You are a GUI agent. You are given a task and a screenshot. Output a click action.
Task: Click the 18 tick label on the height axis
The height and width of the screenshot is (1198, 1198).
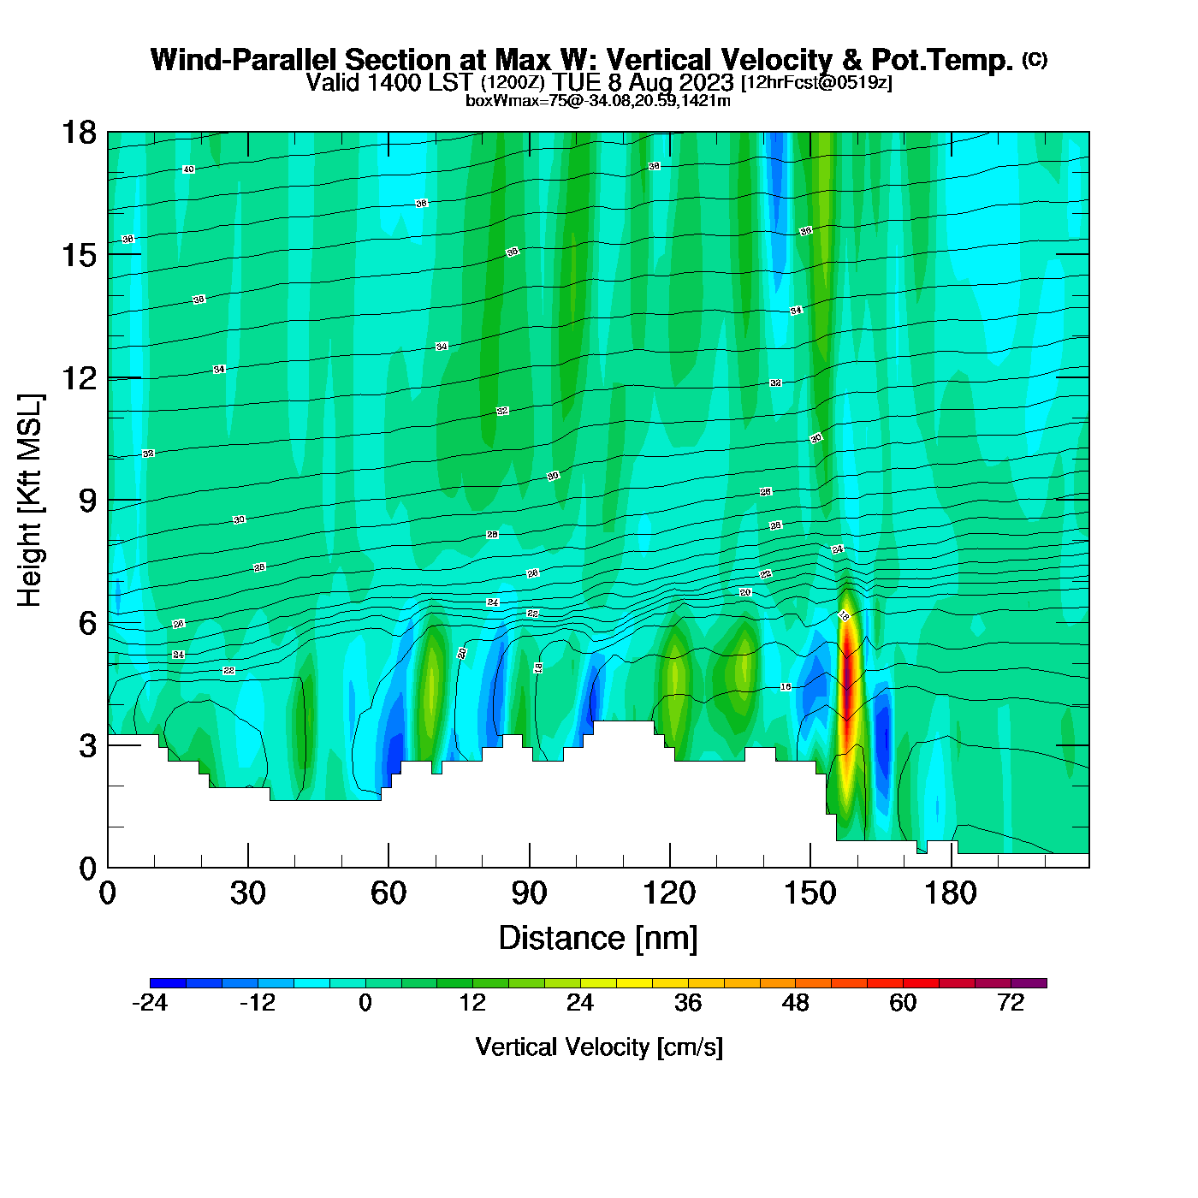tap(78, 133)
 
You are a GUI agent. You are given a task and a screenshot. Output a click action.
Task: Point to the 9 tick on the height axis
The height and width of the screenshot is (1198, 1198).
tap(88, 501)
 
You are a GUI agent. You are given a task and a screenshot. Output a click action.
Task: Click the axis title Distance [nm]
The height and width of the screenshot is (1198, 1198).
tap(598, 939)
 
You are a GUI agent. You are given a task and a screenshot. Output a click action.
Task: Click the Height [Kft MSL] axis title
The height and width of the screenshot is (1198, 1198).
tap(30, 501)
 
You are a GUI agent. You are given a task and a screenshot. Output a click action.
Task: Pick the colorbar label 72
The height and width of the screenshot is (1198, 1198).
tap(1011, 1003)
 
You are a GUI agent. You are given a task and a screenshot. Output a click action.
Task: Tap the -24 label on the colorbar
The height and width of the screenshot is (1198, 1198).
tap(150, 1003)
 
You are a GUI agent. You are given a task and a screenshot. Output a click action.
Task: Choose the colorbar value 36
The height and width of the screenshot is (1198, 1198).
tap(688, 1003)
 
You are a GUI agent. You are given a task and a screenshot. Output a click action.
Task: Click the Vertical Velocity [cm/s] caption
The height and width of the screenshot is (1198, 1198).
tap(599, 1047)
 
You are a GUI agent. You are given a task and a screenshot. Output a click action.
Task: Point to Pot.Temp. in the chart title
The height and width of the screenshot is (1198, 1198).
tap(941, 60)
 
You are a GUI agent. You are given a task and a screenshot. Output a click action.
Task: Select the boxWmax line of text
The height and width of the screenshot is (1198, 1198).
tap(598, 101)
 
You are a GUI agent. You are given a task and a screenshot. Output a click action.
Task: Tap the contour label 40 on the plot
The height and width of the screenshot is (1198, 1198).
tap(189, 169)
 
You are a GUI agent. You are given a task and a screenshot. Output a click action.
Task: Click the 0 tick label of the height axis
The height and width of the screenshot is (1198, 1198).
tap(88, 869)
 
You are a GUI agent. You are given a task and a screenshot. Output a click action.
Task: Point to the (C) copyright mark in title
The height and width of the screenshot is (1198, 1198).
tap(1035, 59)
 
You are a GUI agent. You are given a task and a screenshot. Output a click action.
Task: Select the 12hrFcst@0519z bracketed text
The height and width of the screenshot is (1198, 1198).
tap(816, 83)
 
